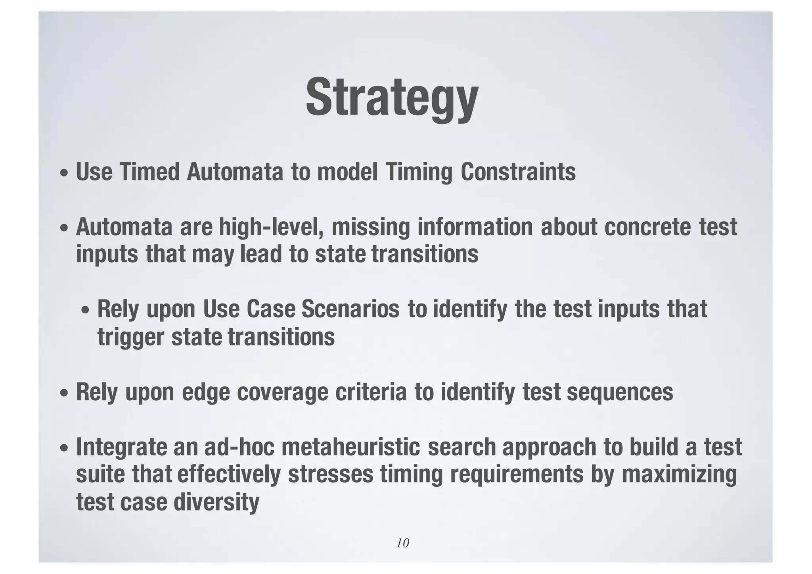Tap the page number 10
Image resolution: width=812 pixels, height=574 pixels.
[x=402, y=543]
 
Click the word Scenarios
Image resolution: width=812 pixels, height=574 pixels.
[x=350, y=309]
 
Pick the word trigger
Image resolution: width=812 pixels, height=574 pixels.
[x=130, y=337]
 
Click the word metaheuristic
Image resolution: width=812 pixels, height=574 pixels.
[x=350, y=447]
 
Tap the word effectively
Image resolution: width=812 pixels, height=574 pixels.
[x=229, y=475]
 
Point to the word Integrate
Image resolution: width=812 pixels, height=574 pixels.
[x=121, y=447]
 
